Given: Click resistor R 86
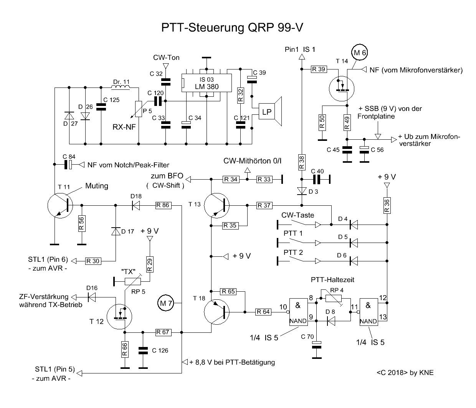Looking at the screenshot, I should coord(163,205).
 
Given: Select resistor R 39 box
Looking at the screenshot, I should coord(319,69).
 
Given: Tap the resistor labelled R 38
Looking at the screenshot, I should coord(301,162).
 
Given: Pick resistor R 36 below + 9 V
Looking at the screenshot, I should coord(387,205).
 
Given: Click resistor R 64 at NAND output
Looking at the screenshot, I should coord(263,312).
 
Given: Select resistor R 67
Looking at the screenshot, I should coord(163,332).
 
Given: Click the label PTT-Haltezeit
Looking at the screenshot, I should coord(332,280).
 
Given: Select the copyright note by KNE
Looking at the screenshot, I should coord(405,372).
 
